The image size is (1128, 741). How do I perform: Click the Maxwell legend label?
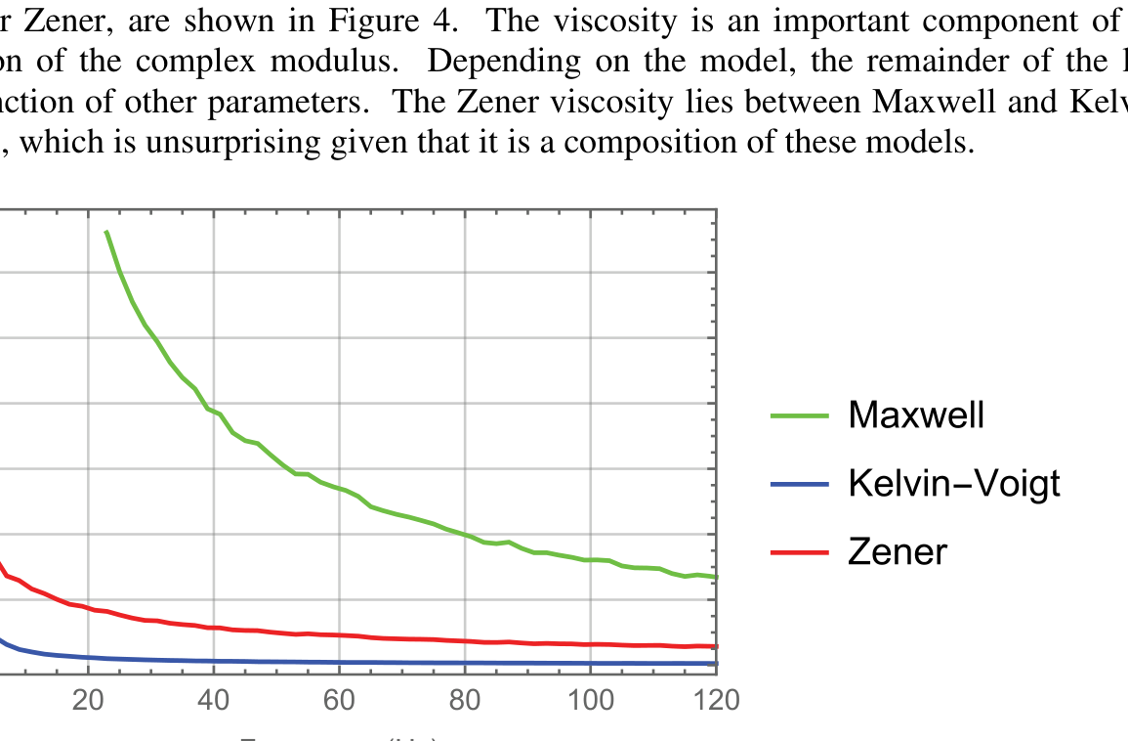[x=916, y=414]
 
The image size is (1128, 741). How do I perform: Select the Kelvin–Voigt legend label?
[x=953, y=483]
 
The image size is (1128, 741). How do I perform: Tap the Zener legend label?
[x=898, y=552]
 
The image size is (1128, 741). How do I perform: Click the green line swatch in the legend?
[x=800, y=415]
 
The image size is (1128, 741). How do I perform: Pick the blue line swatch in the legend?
[x=800, y=484]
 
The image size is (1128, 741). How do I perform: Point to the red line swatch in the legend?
[x=800, y=552]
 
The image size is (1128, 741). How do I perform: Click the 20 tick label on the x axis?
[x=88, y=701]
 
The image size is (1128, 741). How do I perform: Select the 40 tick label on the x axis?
[x=214, y=701]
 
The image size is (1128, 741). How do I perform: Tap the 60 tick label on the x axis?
[x=339, y=701]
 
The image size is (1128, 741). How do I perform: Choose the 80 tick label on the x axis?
[x=465, y=701]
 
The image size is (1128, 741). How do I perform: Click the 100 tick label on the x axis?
[x=590, y=701]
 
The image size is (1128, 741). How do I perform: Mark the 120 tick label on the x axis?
[x=716, y=701]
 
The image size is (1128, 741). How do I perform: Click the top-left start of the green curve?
[x=106, y=232]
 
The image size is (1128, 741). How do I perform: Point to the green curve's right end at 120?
[x=716, y=577]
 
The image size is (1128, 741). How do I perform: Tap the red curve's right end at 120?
[x=716, y=646]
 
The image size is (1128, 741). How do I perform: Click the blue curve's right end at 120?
[x=716, y=664]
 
